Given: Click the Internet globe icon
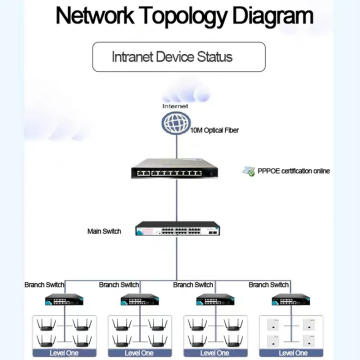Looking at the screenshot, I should click(x=176, y=123).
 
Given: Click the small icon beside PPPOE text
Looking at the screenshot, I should click(x=249, y=171).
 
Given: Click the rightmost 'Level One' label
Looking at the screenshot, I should click(x=293, y=353).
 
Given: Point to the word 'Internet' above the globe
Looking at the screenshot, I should click(x=175, y=105).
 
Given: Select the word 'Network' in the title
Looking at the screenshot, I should click(x=91, y=17).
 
